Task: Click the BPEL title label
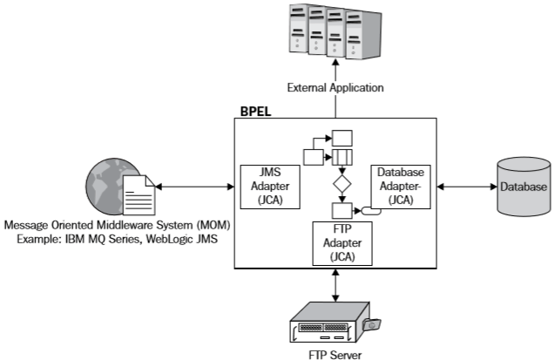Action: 256,112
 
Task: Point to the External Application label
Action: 335,87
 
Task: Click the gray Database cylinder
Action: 523,187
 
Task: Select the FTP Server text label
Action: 334,353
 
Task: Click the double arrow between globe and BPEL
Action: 196,187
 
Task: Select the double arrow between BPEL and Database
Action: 465,187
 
